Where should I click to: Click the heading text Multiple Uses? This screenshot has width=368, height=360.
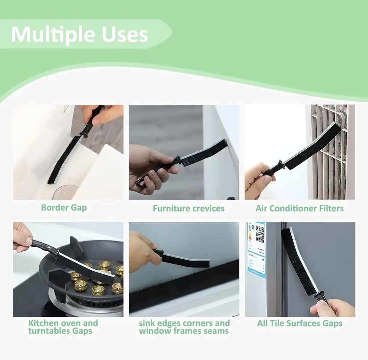pyautogui.click(x=79, y=34)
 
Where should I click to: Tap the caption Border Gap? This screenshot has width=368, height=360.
pyautogui.click(x=64, y=208)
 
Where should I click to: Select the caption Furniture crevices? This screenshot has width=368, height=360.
pyautogui.click(x=188, y=209)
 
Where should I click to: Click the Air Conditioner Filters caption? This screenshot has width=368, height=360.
pyautogui.click(x=299, y=209)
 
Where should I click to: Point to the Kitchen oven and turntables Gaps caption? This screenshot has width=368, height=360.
pyautogui.click(x=63, y=327)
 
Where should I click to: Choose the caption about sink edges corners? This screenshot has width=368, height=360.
pyautogui.click(x=184, y=327)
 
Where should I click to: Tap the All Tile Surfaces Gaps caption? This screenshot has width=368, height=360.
pyautogui.click(x=299, y=323)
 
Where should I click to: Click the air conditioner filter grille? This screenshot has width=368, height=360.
pyautogui.click(x=330, y=153)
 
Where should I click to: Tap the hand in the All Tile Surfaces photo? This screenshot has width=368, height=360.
pyautogui.click(x=333, y=308)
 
